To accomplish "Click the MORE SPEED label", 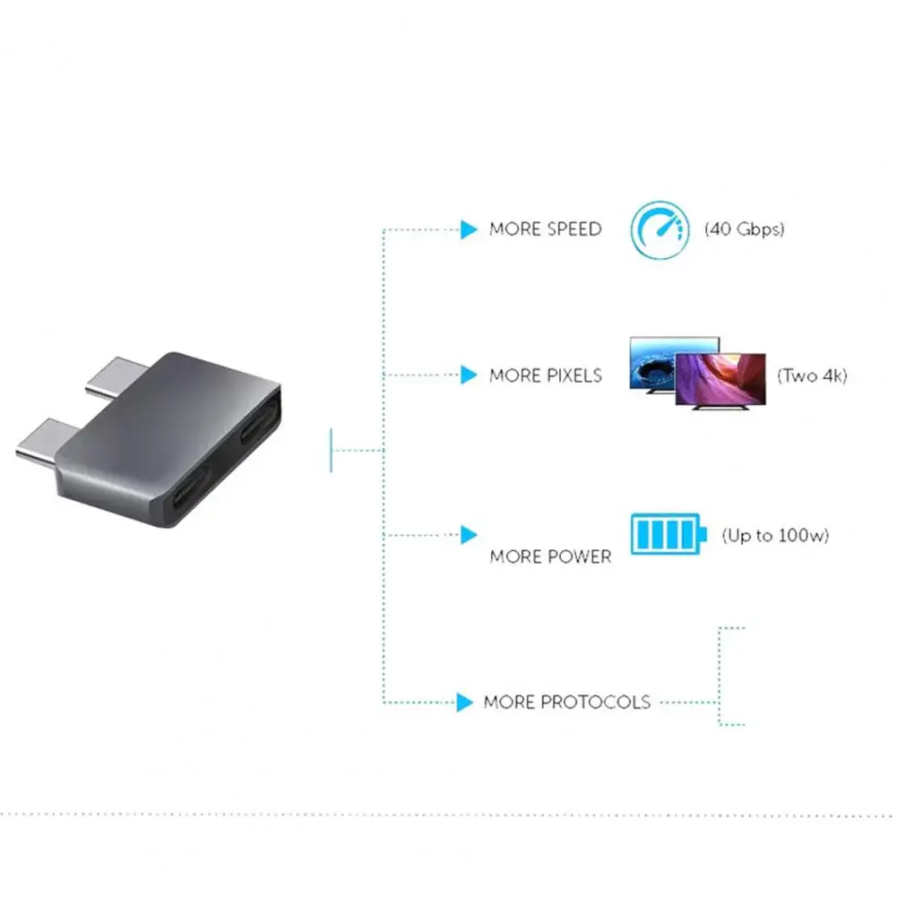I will point(545,229).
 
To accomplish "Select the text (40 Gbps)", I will point(744,229).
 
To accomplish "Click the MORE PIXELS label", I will point(545,375).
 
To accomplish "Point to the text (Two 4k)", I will point(811,375).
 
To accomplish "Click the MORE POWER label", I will point(550,556).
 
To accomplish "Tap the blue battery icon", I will point(668,534).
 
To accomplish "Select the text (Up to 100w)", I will point(775,536).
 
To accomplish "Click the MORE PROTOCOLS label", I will point(567,702).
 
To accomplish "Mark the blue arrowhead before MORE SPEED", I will point(469,230).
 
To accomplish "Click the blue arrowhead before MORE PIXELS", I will point(469,375).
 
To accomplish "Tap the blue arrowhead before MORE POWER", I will point(469,536).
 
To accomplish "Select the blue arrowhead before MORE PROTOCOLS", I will point(464,703).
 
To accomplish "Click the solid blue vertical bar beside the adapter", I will point(332,450).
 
